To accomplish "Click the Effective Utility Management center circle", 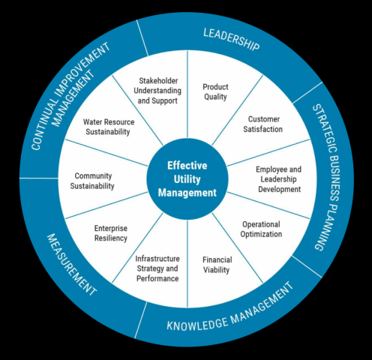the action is point(187,179).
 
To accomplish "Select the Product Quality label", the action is point(215,91).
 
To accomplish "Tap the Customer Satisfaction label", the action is point(263,124).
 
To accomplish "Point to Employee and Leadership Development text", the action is point(279,179).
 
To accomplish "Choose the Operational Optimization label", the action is point(261,229).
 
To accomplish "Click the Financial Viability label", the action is point(217,265).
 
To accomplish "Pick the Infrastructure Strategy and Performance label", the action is point(157,268).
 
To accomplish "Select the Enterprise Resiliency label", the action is point(111,233).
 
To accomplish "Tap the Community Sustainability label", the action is point(92,181).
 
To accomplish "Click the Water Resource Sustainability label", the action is point(109,127).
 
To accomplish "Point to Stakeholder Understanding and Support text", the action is point(157,91).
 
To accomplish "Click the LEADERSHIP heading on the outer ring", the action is point(231,40).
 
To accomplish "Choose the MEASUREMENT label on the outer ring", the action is point(71,265).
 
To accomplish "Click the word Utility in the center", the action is point(187,179).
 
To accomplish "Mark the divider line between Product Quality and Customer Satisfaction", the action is point(238,110).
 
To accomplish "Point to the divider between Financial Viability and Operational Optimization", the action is point(238,248).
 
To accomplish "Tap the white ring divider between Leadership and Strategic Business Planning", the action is point(307,92).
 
